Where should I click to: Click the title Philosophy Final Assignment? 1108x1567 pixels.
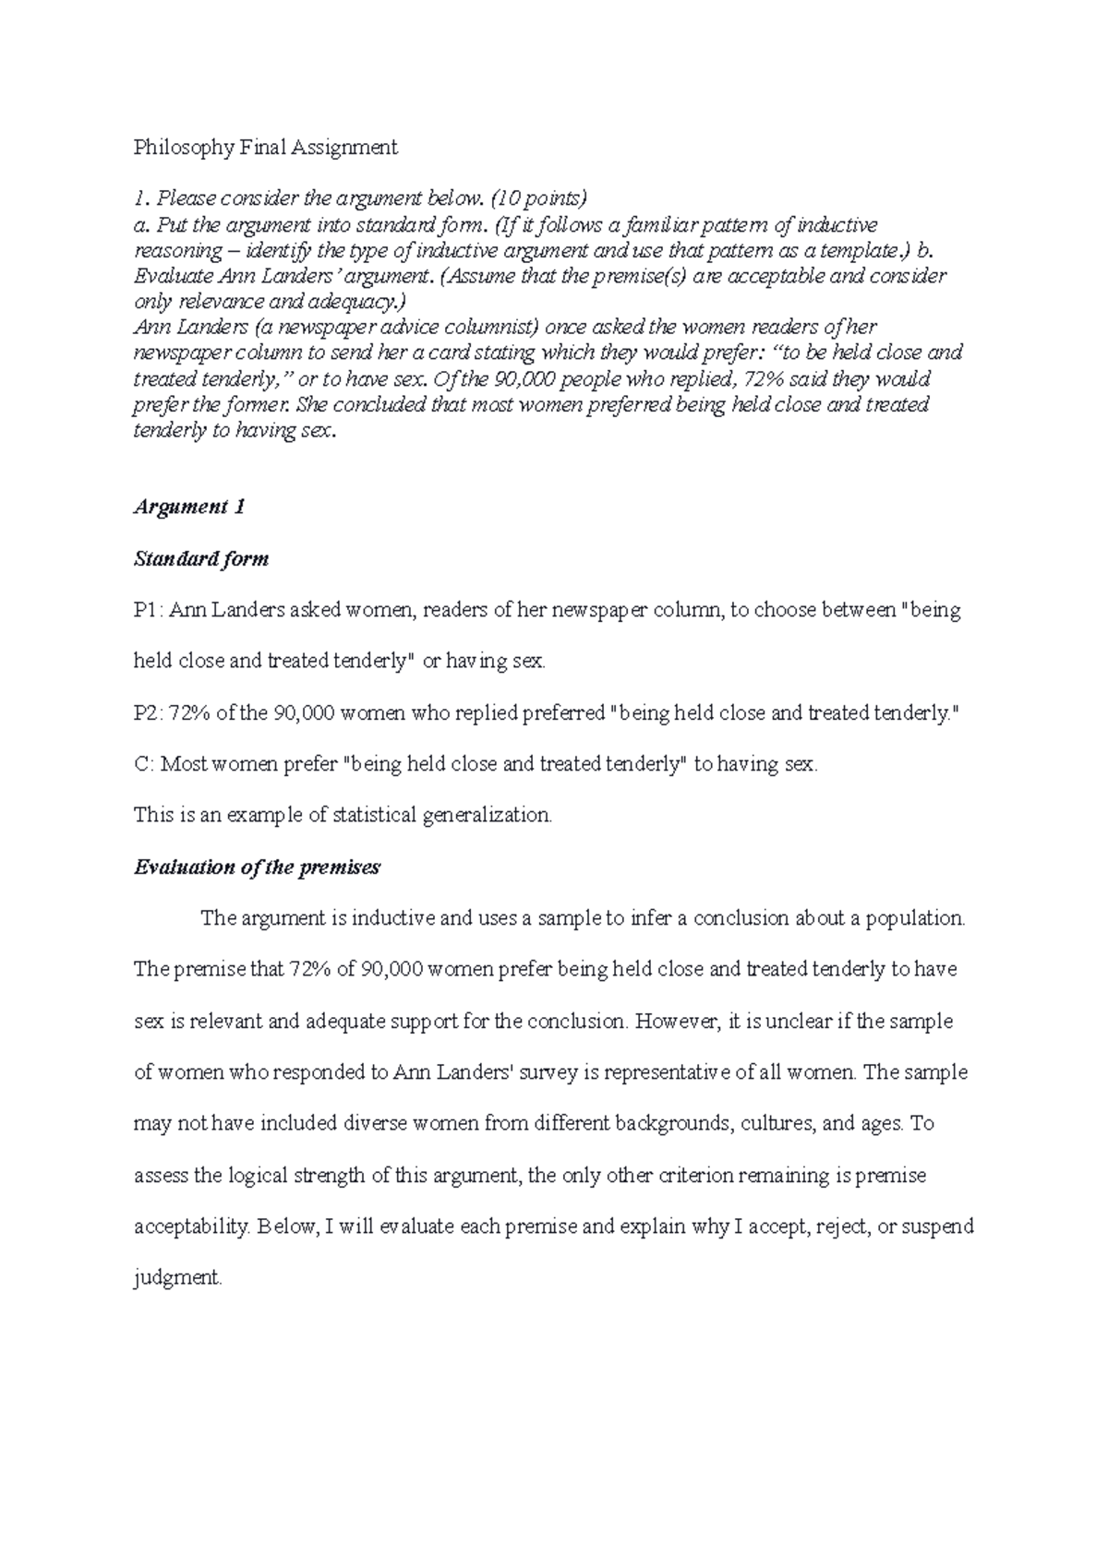(266, 147)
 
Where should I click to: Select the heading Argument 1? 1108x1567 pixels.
(189, 507)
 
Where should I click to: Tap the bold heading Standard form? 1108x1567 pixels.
(201, 558)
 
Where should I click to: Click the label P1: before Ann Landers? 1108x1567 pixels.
(149, 610)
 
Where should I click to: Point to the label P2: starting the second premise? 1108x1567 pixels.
(149, 713)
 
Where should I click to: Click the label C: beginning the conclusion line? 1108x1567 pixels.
(144, 765)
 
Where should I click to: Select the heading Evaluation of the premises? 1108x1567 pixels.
(257, 867)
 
